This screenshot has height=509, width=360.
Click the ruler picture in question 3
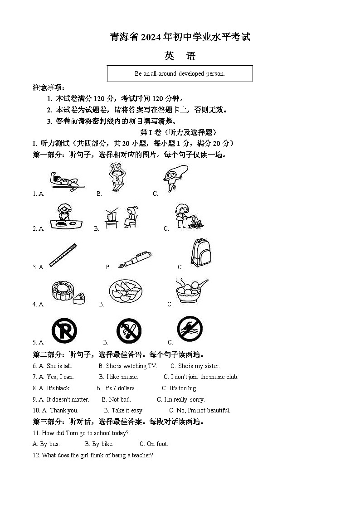pos(63,255)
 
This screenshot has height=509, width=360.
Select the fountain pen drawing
pos(134,259)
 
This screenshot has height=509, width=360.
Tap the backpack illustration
pos(200,253)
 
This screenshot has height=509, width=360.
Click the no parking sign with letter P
pos(64,331)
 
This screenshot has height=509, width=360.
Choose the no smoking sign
pos(129,331)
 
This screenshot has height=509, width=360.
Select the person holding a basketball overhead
pos(117,177)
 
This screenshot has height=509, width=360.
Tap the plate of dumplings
pos(126,291)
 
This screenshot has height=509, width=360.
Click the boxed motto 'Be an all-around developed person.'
pos(180,73)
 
